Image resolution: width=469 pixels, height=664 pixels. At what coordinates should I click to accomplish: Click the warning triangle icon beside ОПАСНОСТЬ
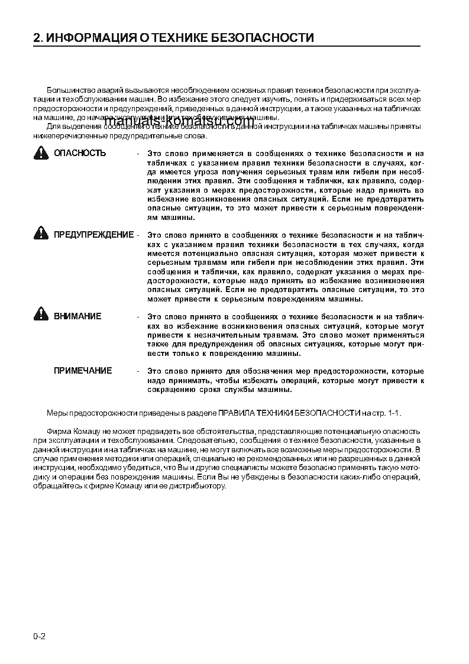coord(41,153)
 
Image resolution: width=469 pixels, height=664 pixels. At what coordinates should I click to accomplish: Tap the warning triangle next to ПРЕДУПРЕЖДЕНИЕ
coord(41,234)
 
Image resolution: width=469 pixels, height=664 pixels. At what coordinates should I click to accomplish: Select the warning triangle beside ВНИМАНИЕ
coord(41,315)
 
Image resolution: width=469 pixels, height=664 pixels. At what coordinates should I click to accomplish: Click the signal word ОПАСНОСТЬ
coord(80,153)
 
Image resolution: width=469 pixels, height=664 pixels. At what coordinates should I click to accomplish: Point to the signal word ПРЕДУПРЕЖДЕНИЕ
coord(93,235)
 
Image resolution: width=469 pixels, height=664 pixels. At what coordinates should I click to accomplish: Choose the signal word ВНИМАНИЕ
coord(77,316)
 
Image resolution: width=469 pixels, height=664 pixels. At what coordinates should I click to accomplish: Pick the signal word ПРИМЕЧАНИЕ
coord(83,371)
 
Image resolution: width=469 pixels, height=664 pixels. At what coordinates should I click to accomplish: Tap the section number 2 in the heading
coord(37,38)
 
